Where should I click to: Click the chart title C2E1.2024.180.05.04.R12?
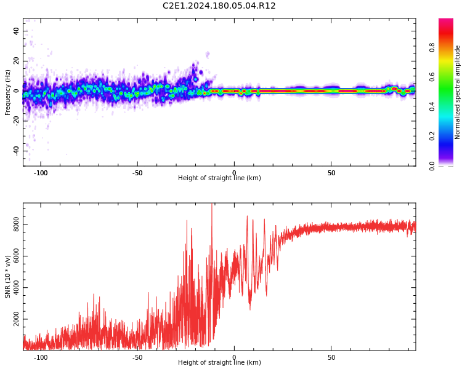tap(219, 6)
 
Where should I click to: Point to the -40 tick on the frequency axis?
tap(16, 151)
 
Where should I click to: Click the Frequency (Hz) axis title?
tap(8, 92)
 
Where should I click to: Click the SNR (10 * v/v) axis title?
tap(8, 277)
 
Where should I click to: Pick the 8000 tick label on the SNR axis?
tap(17, 226)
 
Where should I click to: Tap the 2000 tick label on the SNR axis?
tap(17, 320)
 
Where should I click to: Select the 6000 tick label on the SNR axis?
tap(17, 257)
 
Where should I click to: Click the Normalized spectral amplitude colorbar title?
tap(458, 92)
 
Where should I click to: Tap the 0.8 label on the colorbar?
tap(432, 47)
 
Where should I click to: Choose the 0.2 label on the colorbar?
tap(432, 136)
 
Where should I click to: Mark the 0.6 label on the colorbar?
tap(432, 76)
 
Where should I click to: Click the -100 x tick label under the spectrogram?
tap(41, 173)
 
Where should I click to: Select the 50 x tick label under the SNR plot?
tap(331, 357)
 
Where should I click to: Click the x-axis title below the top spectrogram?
tap(219, 178)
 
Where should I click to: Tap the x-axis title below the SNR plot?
tap(219, 363)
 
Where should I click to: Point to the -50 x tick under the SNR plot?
tap(137, 357)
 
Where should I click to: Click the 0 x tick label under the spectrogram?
tap(234, 173)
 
